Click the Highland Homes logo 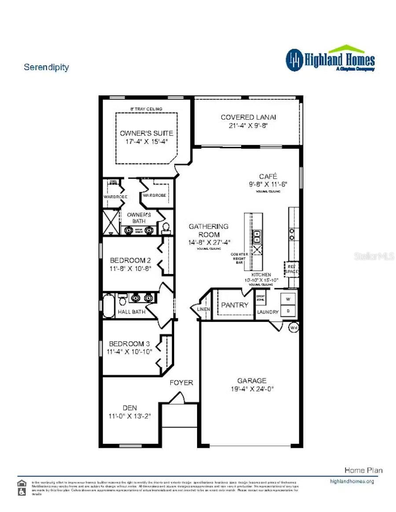coord(330,59)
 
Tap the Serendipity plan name coord(46,67)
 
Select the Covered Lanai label coord(248,117)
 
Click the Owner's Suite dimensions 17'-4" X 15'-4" coord(147,142)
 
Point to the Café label coord(268,176)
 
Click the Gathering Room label coord(209,230)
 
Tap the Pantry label coord(235,304)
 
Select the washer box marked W coord(288,300)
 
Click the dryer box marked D coord(288,311)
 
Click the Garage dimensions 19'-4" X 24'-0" coord(252,389)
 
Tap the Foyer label coord(181,383)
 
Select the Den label coord(130,408)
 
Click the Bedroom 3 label coord(127,344)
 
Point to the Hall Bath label coord(132,312)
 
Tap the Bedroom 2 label coord(127,260)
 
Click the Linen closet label coord(204,309)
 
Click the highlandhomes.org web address coord(352,481)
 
